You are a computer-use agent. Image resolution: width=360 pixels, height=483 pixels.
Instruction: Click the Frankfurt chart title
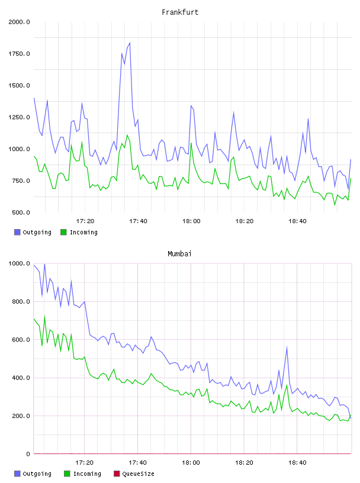pos(180,12)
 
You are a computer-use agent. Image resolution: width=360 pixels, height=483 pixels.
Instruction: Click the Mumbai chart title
pos(179,254)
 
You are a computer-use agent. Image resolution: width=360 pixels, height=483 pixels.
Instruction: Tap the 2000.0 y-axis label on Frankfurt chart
pos(19,22)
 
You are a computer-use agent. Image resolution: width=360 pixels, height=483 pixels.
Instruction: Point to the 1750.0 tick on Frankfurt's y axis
pos(19,54)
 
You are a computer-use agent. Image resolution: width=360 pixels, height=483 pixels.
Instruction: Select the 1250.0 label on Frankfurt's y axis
pos(19,117)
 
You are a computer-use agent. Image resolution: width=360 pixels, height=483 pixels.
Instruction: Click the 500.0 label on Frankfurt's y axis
pos(21,212)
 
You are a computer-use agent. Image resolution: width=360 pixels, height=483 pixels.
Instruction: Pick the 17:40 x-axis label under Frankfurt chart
pos(138,221)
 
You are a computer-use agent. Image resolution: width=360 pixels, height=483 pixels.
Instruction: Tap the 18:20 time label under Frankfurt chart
pos(245,221)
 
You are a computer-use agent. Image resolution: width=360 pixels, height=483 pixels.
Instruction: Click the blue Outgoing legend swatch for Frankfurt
pos(17,232)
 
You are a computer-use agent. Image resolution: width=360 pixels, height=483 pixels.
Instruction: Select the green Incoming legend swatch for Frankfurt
pos(63,232)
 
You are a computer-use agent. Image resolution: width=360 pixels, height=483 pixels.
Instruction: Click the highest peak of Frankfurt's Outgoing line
pos(130,43)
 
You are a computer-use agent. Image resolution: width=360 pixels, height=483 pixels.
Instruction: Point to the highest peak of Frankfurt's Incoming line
pos(127,135)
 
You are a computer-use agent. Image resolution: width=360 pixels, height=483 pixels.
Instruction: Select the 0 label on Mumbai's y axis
pos(28,454)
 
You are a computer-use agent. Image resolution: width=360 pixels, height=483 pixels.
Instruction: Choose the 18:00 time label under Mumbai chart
pos(191,463)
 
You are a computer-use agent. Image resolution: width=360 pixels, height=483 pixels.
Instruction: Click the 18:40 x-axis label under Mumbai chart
pos(297,463)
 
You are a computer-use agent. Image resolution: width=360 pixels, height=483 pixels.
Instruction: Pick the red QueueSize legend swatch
pos(117,474)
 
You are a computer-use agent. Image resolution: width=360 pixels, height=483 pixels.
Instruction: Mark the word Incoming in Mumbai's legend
pos(87,474)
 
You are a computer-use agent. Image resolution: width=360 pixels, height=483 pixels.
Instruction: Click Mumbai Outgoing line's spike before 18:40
pos(287,347)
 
